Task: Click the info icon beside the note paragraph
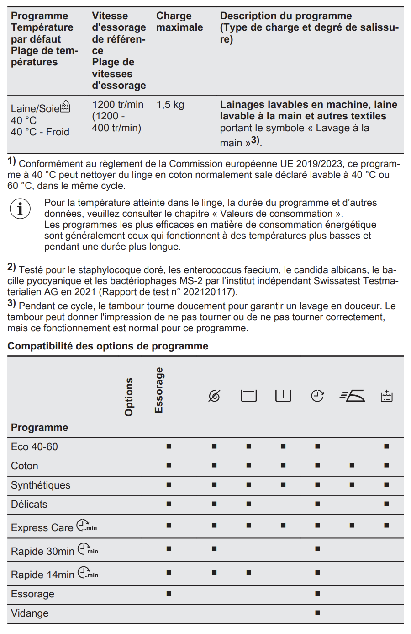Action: pyautogui.click(x=20, y=209)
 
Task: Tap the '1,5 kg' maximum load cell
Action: pyautogui.click(x=170, y=105)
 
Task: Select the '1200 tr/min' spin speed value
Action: pyautogui.click(x=118, y=105)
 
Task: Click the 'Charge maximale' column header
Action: pyautogui.click(x=179, y=21)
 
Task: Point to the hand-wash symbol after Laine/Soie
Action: pyautogui.click(x=66, y=107)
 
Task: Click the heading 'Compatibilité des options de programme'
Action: pyautogui.click(x=108, y=346)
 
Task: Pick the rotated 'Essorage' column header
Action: pyautogui.click(x=158, y=390)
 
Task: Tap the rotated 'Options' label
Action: pyautogui.click(x=129, y=397)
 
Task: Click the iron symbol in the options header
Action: pyautogui.click(x=352, y=396)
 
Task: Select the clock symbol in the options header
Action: pyautogui.click(x=317, y=396)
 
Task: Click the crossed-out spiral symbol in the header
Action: pyautogui.click(x=214, y=396)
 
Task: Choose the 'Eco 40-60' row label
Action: pyautogui.click(x=35, y=447)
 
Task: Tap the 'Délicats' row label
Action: pyautogui.click(x=29, y=505)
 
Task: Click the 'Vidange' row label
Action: pyautogui.click(x=30, y=613)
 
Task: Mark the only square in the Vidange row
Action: pyautogui.click(x=317, y=613)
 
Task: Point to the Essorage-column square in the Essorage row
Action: pyautogui.click(x=169, y=594)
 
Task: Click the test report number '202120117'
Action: pyautogui.click(x=209, y=292)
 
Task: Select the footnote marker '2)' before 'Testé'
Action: pyautogui.click(x=11, y=267)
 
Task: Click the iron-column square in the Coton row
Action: pyautogui.click(x=352, y=466)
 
